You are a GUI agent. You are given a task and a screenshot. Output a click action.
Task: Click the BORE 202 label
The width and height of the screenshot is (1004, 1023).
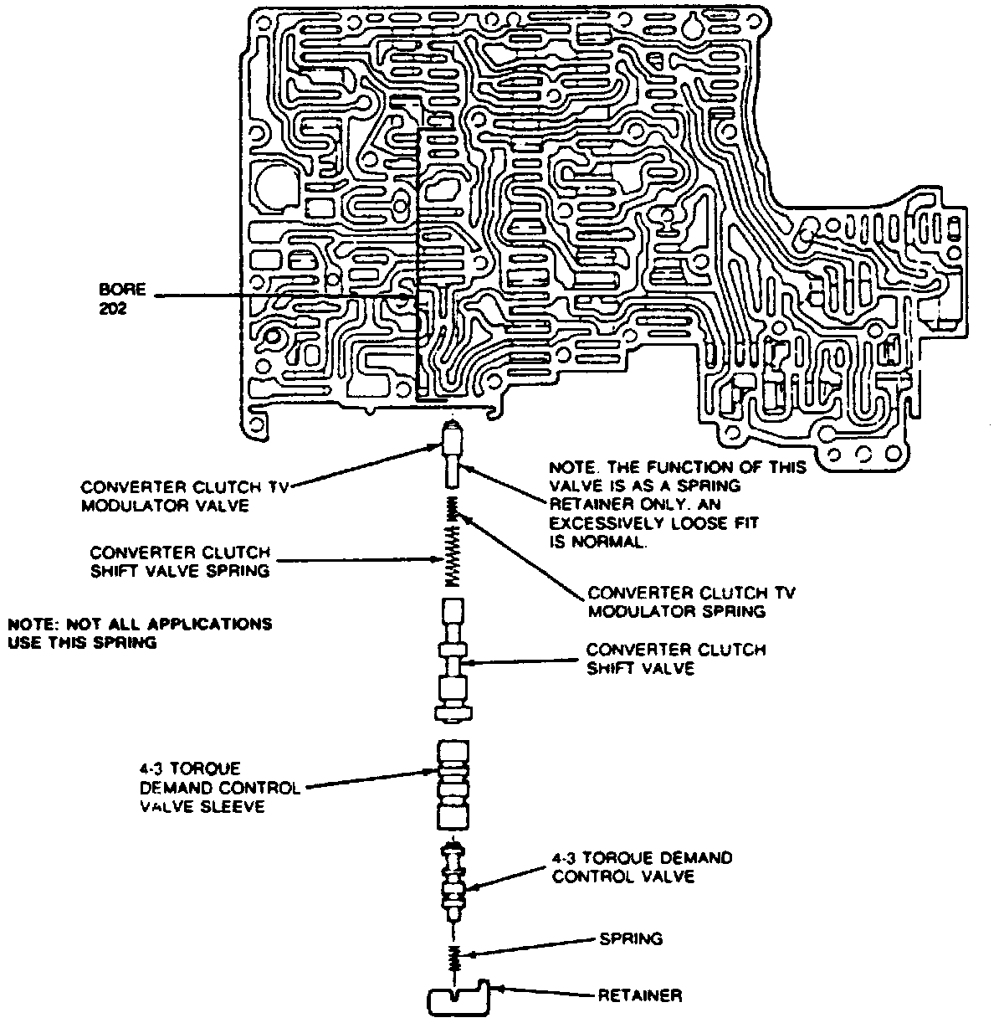[x=122, y=297]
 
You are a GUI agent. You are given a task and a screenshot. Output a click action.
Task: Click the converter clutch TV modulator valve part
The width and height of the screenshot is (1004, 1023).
[x=453, y=455]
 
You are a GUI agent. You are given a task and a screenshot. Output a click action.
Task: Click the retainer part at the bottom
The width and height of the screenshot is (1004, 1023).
[x=458, y=998]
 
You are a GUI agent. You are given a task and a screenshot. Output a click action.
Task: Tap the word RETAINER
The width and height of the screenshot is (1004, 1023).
[x=640, y=995]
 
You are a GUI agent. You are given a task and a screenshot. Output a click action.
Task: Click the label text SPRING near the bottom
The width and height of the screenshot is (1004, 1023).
[x=631, y=938]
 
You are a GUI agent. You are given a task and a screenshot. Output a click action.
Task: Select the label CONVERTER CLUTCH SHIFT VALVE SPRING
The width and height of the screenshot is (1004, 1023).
[x=180, y=562]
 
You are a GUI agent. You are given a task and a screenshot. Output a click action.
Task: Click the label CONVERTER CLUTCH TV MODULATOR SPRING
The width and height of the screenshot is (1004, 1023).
[x=691, y=602]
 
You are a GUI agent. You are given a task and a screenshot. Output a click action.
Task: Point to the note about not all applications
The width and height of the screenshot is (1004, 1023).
[x=140, y=633]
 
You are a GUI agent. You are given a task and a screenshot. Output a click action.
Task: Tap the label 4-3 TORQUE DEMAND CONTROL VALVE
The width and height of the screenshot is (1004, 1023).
[x=642, y=866]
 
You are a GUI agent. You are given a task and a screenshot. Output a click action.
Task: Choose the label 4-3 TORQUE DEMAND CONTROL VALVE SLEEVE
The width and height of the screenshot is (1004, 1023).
[x=220, y=788]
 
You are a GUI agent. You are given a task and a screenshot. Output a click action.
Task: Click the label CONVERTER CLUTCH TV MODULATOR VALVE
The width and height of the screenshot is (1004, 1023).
[x=184, y=496]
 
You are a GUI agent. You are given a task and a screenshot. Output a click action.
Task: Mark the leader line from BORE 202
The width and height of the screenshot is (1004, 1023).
[x=276, y=296]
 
